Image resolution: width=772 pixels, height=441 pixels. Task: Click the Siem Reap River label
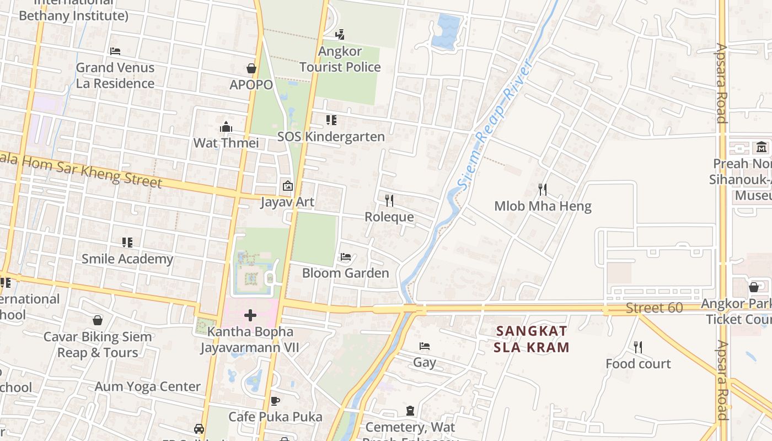[495, 125]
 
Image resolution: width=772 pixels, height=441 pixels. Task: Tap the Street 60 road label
[654, 308]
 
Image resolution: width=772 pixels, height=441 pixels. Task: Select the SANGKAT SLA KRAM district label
[532, 339]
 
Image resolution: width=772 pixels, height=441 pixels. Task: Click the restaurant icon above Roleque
[389, 200]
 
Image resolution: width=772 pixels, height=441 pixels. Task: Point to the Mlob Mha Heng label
[543, 206]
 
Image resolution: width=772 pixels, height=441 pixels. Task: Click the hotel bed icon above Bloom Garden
[346, 257]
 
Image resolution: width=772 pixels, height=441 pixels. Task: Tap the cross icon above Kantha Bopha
[250, 315]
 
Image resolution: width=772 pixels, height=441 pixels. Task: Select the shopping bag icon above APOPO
[251, 68]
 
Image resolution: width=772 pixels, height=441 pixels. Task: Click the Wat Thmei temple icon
[226, 127]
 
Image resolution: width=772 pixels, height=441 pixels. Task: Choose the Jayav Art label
[287, 202]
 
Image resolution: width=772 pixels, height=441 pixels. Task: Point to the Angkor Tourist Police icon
[340, 34]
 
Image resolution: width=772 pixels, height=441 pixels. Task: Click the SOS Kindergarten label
[331, 136]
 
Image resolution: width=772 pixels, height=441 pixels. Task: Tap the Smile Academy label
[127, 259]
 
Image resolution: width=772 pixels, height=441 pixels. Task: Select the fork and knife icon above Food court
[638, 347]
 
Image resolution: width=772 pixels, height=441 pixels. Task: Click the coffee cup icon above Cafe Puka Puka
[275, 401]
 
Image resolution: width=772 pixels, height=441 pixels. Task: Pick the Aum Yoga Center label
[147, 386]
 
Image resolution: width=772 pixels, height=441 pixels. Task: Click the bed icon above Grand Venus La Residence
[115, 51]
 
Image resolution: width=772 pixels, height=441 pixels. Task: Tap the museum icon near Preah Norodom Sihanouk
[762, 147]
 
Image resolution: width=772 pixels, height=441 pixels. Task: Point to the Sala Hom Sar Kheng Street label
[83, 170]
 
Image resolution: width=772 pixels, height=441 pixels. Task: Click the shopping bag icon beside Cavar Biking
[98, 320]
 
